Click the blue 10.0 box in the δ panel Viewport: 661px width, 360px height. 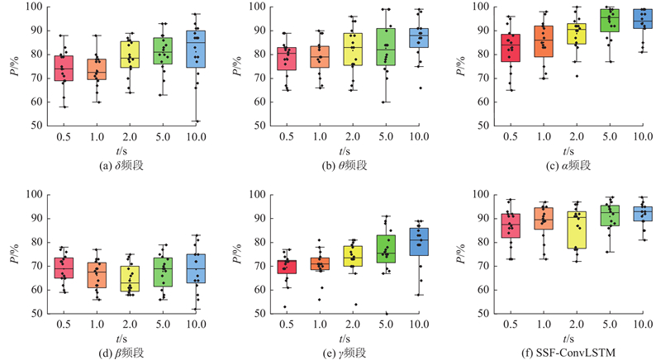(196, 49)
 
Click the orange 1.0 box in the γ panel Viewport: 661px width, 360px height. (321, 263)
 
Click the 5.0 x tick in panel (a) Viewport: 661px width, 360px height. (163, 137)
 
